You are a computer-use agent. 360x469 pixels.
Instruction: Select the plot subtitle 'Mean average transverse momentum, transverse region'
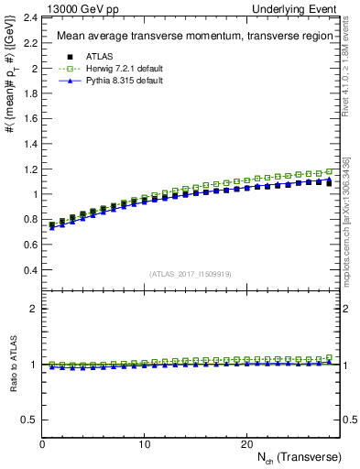tap(191, 37)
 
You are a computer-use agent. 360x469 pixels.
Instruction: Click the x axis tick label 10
tap(144, 444)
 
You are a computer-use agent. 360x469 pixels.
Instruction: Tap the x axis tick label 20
tap(245, 444)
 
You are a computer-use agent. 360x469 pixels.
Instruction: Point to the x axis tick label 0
tap(42, 444)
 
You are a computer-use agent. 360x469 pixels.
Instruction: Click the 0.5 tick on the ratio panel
tap(29, 420)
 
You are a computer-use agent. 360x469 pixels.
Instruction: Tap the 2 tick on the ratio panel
tap(34, 309)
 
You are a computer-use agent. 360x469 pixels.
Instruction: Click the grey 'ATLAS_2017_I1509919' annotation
tap(191, 273)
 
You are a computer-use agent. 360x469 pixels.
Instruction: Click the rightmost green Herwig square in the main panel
tap(329, 171)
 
